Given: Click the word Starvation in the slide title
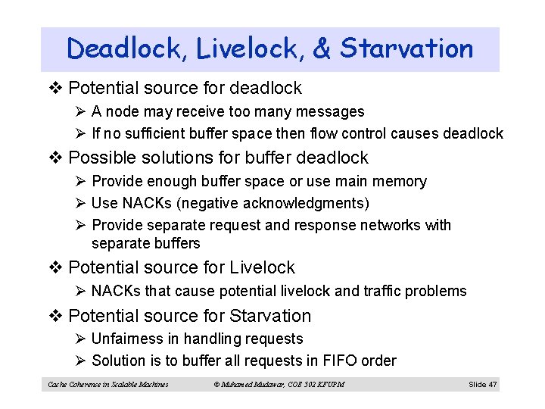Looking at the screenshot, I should click(406, 49).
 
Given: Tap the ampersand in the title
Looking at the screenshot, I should click(322, 49).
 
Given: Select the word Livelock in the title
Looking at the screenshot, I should click(249, 49).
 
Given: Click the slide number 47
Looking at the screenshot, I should click(493, 385).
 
